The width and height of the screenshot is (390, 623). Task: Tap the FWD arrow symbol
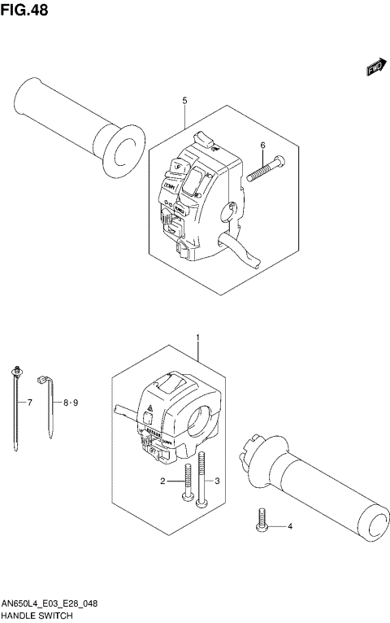[375, 70]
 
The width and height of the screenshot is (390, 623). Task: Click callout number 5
[184, 100]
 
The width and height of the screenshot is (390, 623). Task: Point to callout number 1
[197, 336]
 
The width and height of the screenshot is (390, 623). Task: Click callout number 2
[162, 482]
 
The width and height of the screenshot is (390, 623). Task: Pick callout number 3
[217, 482]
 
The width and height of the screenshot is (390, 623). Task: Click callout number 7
[29, 403]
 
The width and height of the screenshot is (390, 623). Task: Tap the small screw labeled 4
[262, 521]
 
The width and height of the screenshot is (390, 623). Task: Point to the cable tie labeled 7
[16, 407]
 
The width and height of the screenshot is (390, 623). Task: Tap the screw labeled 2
[188, 481]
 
